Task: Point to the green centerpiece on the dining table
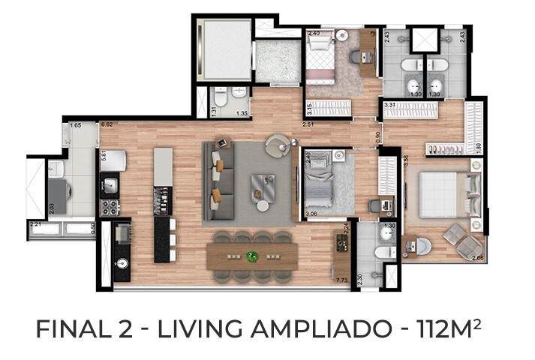[253, 256]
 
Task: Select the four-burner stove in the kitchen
[109, 205]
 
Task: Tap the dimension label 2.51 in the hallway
[308, 124]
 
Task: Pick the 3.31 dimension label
[389, 106]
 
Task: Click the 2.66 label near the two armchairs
[478, 259]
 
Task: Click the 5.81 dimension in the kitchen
[104, 158]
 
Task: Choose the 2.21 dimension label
[35, 223]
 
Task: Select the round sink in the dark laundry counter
[123, 263]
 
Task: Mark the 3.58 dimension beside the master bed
[405, 159]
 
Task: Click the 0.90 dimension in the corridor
[379, 136]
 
